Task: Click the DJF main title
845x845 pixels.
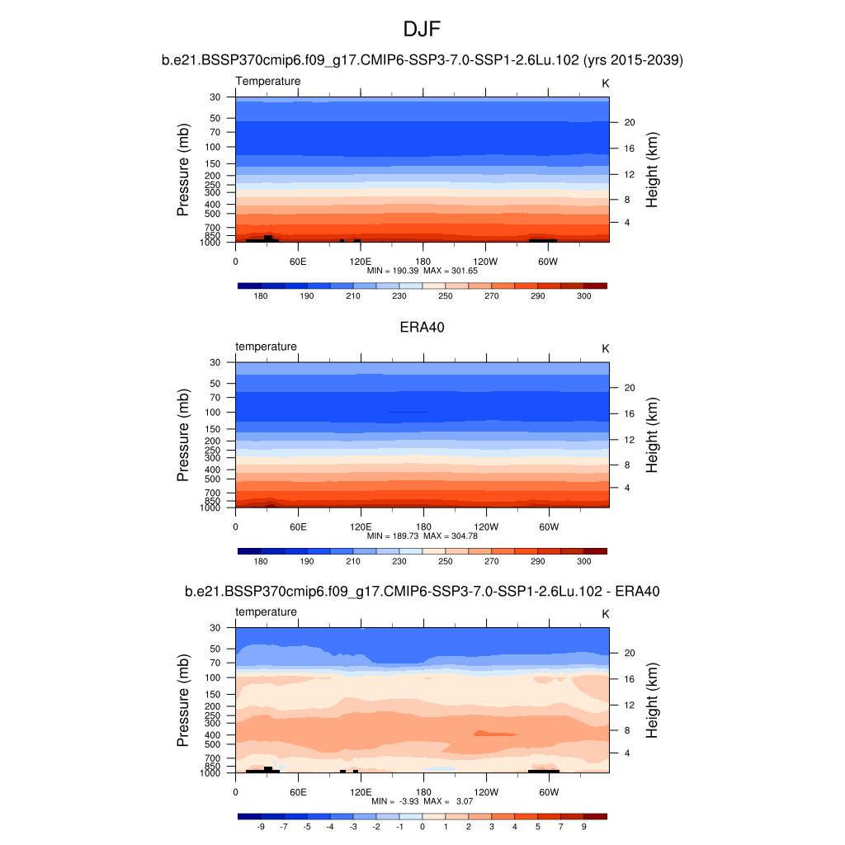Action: pos(422,30)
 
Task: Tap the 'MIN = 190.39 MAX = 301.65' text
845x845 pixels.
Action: pos(422,271)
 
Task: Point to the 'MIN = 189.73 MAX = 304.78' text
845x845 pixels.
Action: pos(422,536)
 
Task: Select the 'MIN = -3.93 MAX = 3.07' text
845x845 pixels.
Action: pos(422,801)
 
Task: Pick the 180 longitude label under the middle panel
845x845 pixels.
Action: pos(422,526)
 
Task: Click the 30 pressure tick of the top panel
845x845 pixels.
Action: pos(215,97)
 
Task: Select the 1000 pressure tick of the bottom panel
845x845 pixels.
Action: pos(210,773)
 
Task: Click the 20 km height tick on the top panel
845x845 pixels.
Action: pos(629,122)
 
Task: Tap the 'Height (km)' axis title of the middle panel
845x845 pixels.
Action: pos(652,436)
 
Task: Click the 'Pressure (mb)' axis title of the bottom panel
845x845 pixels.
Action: pos(183,701)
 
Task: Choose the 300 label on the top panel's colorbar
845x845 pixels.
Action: pos(583,295)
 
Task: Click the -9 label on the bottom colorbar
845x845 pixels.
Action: pos(261,826)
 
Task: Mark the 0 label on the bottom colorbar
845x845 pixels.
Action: pos(422,826)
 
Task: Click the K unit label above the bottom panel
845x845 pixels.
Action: pos(605,614)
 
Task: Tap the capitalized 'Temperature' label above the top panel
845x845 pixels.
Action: pos(268,81)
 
